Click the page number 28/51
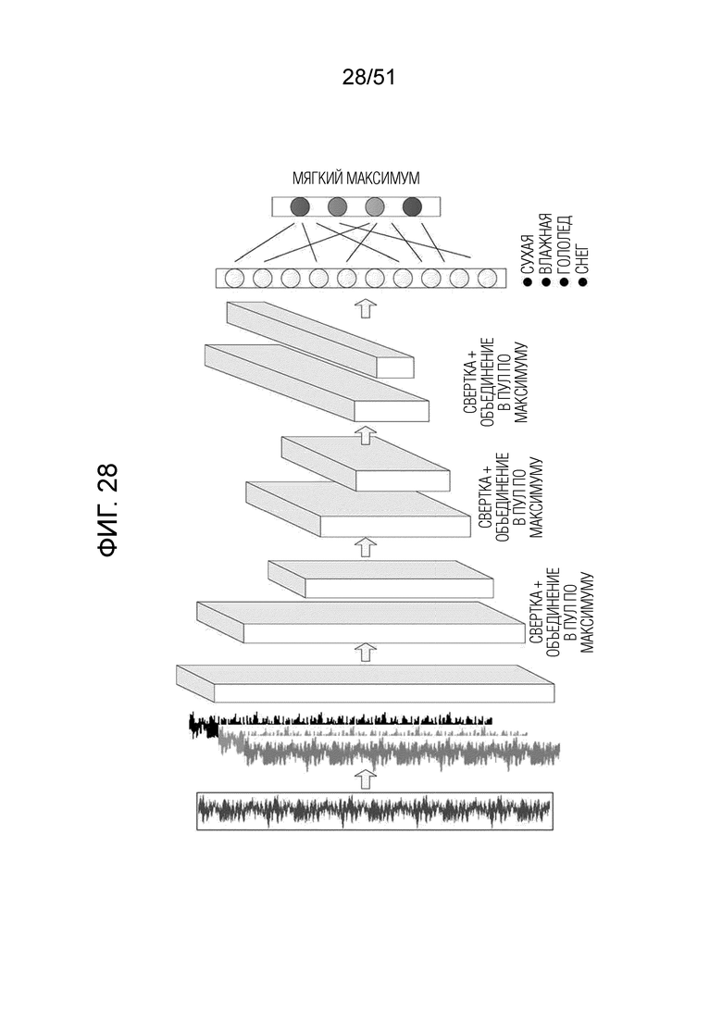[x=368, y=78]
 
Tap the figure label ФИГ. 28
[x=107, y=510]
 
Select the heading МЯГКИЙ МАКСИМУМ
[x=356, y=178]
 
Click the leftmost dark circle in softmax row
[x=300, y=207]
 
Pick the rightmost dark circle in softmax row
[x=412, y=207]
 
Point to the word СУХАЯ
[x=529, y=256]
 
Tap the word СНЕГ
[x=582, y=258]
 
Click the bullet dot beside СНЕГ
[x=582, y=281]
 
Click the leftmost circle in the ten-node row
[x=234, y=279]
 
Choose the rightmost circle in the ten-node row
[x=486, y=279]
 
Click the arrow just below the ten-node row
[x=365, y=308]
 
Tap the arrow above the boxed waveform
[x=365, y=778]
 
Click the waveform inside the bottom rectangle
[x=375, y=810]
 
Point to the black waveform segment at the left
[x=204, y=726]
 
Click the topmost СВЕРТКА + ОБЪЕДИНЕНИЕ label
[x=495, y=381]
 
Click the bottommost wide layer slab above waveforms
[x=366, y=684]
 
